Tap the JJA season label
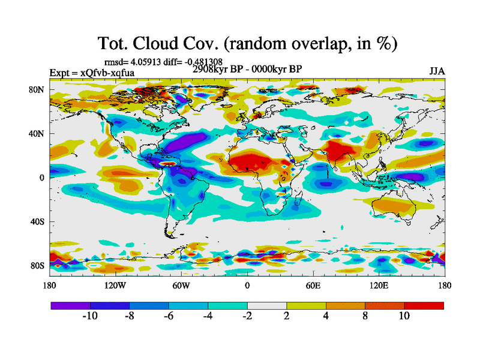436,72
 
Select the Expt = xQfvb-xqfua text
92,73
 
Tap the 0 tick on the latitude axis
42,178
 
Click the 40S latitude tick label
37,222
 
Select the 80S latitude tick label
37,266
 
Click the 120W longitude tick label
115,286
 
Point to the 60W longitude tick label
181,286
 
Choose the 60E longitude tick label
313,286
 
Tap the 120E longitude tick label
378,286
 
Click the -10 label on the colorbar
89,316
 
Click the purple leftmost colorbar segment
70,305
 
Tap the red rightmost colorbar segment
424,305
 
